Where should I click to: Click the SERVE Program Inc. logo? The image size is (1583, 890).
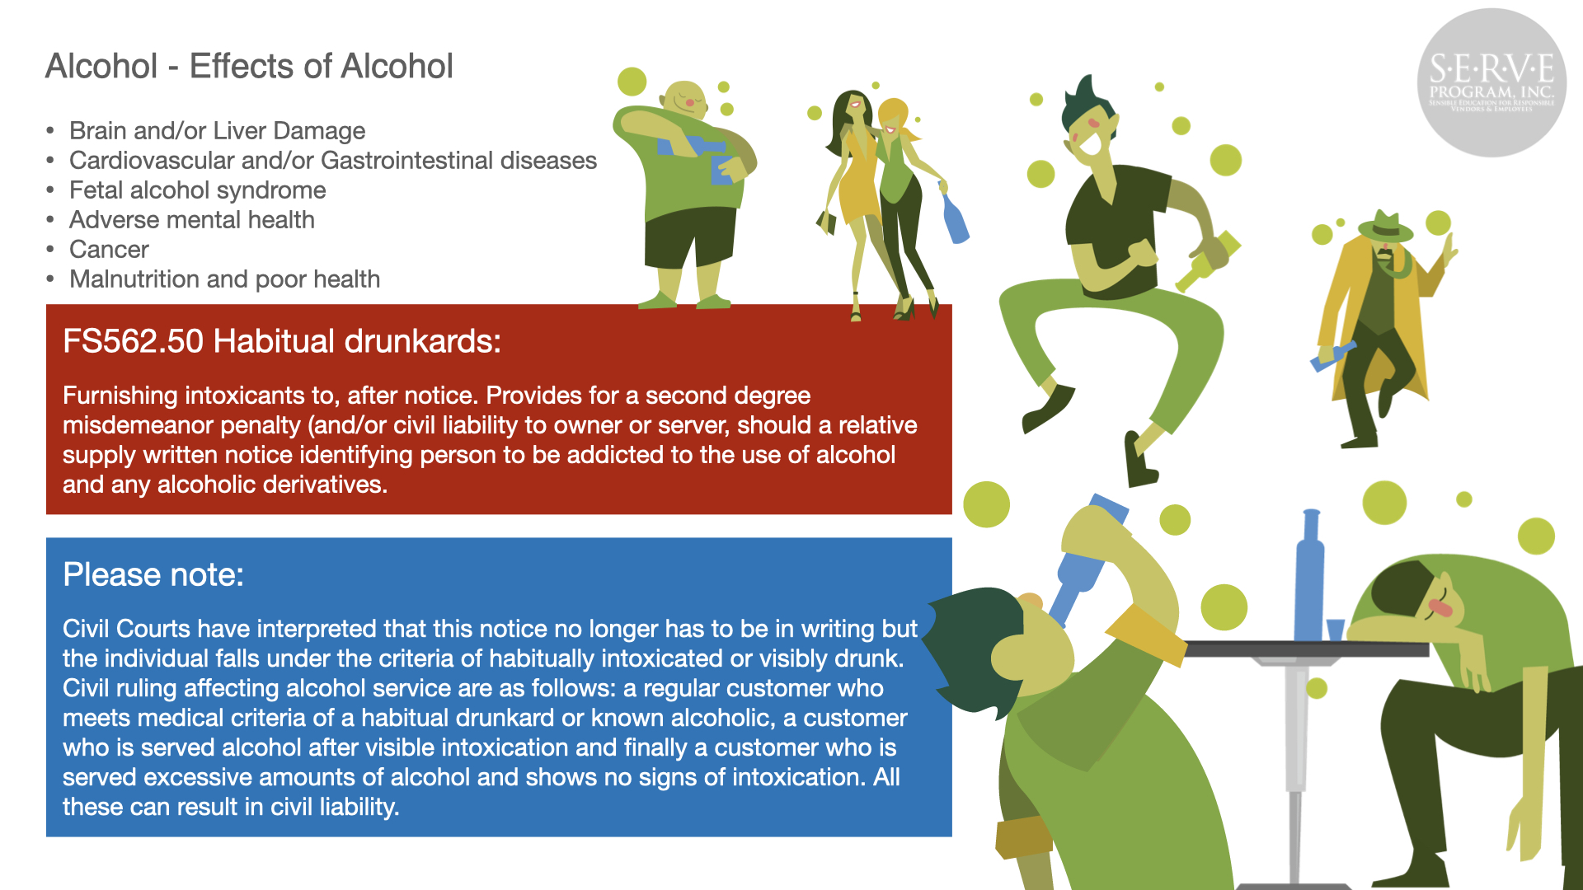click(1491, 82)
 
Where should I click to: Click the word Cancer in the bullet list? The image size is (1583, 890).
click(109, 250)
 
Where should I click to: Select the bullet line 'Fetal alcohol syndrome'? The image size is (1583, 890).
click(197, 190)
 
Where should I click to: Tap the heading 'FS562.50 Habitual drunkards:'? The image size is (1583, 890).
click(282, 341)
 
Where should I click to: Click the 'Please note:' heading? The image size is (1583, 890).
click(153, 574)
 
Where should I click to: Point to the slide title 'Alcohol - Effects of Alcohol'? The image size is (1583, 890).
click(249, 66)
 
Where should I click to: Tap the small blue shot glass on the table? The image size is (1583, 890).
click(1335, 630)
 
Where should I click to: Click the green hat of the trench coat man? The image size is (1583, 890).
click(1385, 227)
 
